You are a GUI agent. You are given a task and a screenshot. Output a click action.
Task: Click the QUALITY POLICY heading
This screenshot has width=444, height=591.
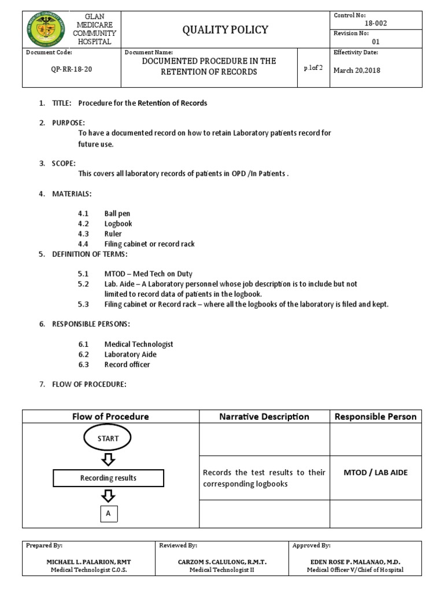225,29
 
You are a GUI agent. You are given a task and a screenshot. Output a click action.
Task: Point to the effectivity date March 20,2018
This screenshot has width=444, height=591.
357,70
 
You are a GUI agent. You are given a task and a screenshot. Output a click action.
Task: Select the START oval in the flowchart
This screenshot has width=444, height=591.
108,438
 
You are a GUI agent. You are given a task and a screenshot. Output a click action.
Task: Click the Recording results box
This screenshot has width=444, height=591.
108,478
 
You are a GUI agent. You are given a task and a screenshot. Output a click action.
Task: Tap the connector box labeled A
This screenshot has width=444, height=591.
108,512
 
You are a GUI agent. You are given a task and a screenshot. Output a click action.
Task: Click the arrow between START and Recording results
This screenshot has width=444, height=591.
108,459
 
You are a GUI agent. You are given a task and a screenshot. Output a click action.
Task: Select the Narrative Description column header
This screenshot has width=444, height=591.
264,416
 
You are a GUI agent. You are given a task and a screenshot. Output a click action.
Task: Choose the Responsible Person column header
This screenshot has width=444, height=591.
376,416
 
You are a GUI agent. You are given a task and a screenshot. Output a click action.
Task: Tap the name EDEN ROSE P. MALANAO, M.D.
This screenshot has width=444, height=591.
355,562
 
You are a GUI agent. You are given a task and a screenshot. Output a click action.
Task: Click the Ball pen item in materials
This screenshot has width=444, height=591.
117,214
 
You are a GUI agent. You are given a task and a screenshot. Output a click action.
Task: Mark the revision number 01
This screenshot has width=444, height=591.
375,42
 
